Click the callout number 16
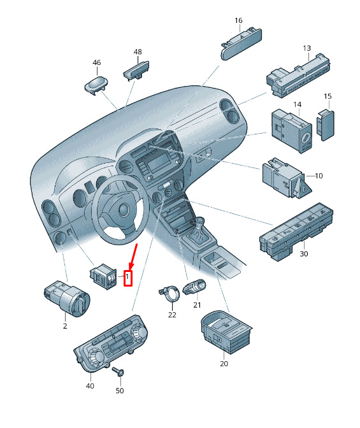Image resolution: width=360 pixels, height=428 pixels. click(x=238, y=20)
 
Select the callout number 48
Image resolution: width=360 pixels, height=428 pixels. click(x=138, y=52)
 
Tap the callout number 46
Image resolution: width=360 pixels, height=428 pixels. click(x=97, y=62)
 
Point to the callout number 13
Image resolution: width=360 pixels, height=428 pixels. click(x=306, y=48)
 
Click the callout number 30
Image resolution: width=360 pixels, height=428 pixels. click(x=304, y=254)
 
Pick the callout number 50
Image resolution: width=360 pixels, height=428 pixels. click(x=120, y=390)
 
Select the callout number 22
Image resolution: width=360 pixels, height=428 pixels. click(x=172, y=315)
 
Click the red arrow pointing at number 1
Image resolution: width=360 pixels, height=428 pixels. click(x=134, y=257)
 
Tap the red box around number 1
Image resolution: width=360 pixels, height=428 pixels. click(x=128, y=278)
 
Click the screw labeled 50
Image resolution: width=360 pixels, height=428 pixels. click(x=119, y=371)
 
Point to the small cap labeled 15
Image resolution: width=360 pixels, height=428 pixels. click(x=326, y=125)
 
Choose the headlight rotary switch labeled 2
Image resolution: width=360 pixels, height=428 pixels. click(x=68, y=298)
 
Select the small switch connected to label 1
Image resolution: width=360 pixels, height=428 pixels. click(x=103, y=276)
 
